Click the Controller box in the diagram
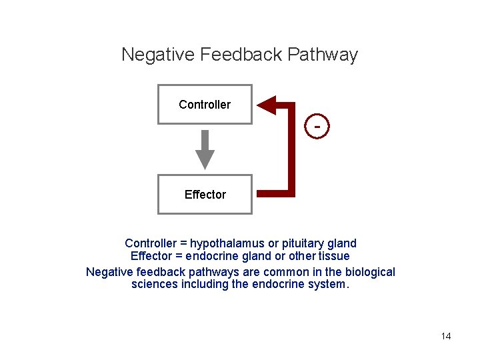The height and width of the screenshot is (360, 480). (x=205, y=105)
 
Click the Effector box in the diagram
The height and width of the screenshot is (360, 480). (x=205, y=195)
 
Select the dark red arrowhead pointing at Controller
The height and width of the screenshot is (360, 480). (x=267, y=105)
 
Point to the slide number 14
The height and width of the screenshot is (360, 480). (x=446, y=336)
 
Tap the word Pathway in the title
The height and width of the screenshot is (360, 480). (x=323, y=55)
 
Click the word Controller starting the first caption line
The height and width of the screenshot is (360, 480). (x=150, y=243)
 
